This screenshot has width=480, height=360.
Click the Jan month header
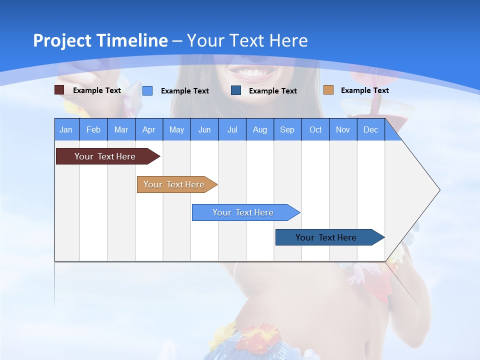coord(66,129)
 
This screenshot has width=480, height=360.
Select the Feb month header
coord(93,129)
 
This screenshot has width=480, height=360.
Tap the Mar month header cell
coord(121,129)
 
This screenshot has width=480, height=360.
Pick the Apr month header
coord(149,129)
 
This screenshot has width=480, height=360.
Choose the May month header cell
coord(176,129)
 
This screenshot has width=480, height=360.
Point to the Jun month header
coord(204,129)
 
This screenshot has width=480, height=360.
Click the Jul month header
coord(232,129)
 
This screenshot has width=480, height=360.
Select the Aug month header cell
coord(260,129)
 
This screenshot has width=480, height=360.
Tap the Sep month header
coord(287,129)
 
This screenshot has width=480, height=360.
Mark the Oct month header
coord(315,129)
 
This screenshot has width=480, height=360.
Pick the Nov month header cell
coord(343,129)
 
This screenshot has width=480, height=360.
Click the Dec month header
coord(371,129)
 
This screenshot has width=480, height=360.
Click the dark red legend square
coord(59,90)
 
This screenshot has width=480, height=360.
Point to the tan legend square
coord(328,90)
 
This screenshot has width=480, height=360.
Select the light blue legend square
coord(147,90)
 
